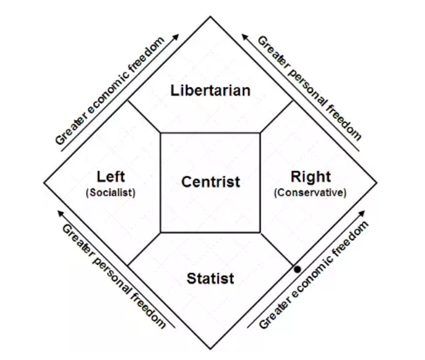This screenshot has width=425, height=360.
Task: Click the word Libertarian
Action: [x=210, y=91]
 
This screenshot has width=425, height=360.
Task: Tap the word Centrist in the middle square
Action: [x=210, y=182]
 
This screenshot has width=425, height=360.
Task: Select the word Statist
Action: [x=210, y=278]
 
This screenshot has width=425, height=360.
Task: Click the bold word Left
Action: [x=110, y=177]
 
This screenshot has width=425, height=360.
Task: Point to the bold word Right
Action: [x=310, y=177]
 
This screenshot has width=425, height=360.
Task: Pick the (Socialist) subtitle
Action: [x=110, y=193]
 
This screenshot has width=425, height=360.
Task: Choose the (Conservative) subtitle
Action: [x=310, y=193]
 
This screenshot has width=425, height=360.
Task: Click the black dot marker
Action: [x=297, y=269]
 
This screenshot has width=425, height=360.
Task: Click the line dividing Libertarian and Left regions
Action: [x=144, y=117]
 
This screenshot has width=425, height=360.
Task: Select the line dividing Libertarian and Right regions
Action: [x=277, y=117]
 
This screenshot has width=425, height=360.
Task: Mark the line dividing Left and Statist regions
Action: [x=144, y=248]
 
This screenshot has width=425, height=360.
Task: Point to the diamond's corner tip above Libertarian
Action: [x=210, y=17]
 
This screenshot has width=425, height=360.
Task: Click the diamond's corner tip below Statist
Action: [x=210, y=348]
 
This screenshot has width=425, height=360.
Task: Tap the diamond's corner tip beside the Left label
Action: [x=45, y=182]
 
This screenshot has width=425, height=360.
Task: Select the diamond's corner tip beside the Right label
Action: [x=376, y=182]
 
